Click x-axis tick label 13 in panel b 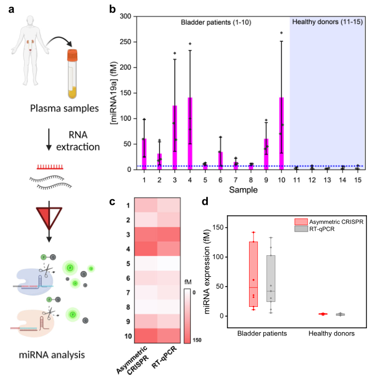click(x=327, y=180)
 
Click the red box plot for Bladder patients click(x=253, y=274)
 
